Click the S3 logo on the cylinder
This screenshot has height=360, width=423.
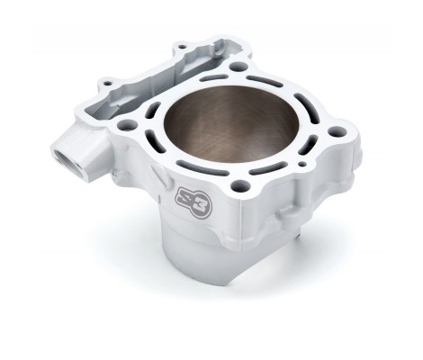coord(193,203)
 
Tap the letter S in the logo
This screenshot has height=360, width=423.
coord(185,199)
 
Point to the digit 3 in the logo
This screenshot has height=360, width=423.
coord(201,209)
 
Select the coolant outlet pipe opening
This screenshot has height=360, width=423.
coord(65,157)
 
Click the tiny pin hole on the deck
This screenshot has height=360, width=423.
coord(303,164)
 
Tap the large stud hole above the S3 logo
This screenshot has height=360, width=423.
coord(240,185)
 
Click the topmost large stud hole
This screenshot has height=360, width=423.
coord(238,66)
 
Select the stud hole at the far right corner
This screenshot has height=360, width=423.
coord(337,131)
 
